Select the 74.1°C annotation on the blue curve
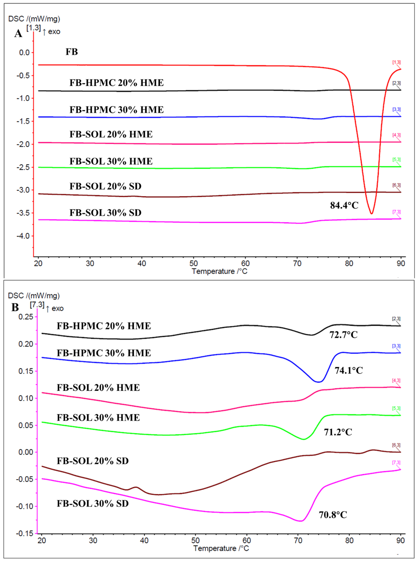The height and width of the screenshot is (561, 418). [x=349, y=371]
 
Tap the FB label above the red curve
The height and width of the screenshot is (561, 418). [x=72, y=52]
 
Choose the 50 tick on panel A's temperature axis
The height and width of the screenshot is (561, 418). [x=194, y=264]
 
